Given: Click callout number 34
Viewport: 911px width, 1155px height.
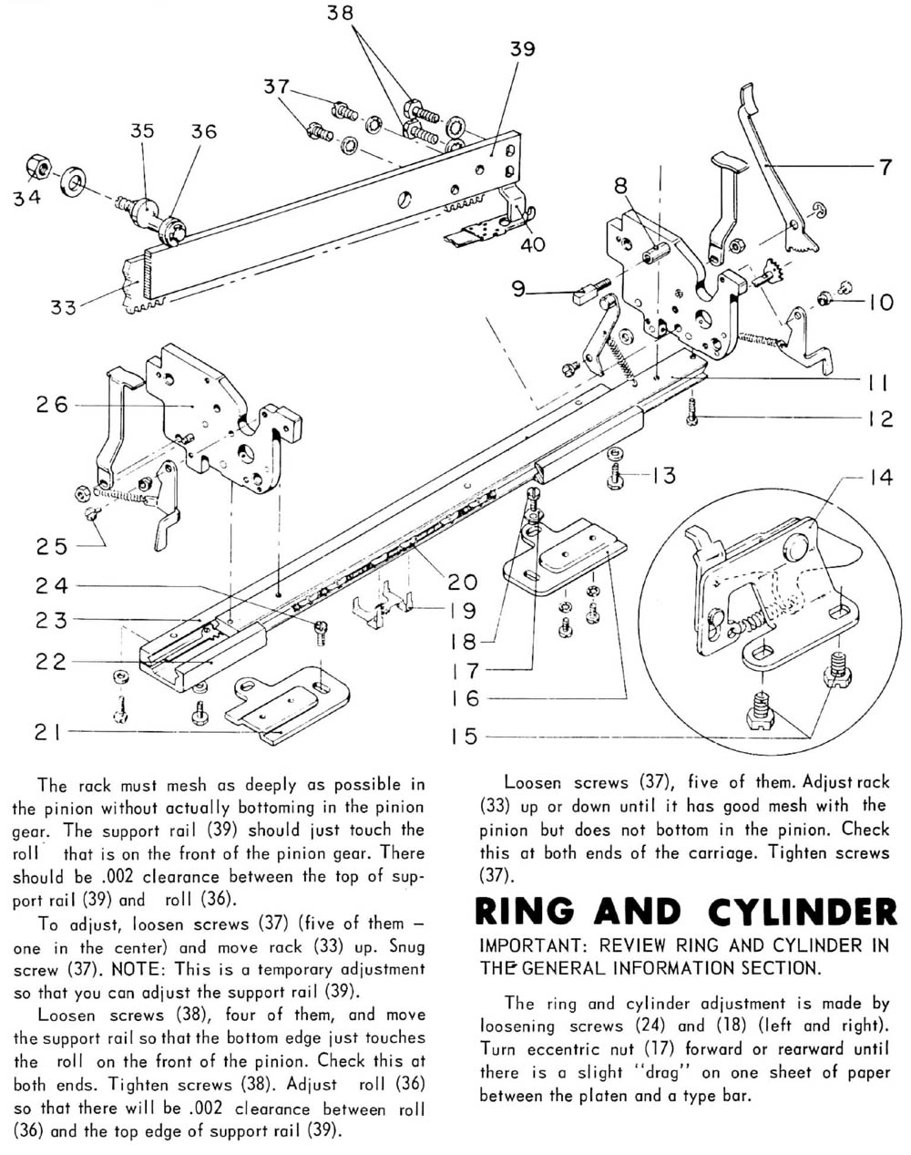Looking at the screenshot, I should point(27,199).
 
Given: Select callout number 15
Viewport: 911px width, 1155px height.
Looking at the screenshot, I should point(464,736).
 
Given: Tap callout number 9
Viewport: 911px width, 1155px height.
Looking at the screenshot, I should point(518,291).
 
